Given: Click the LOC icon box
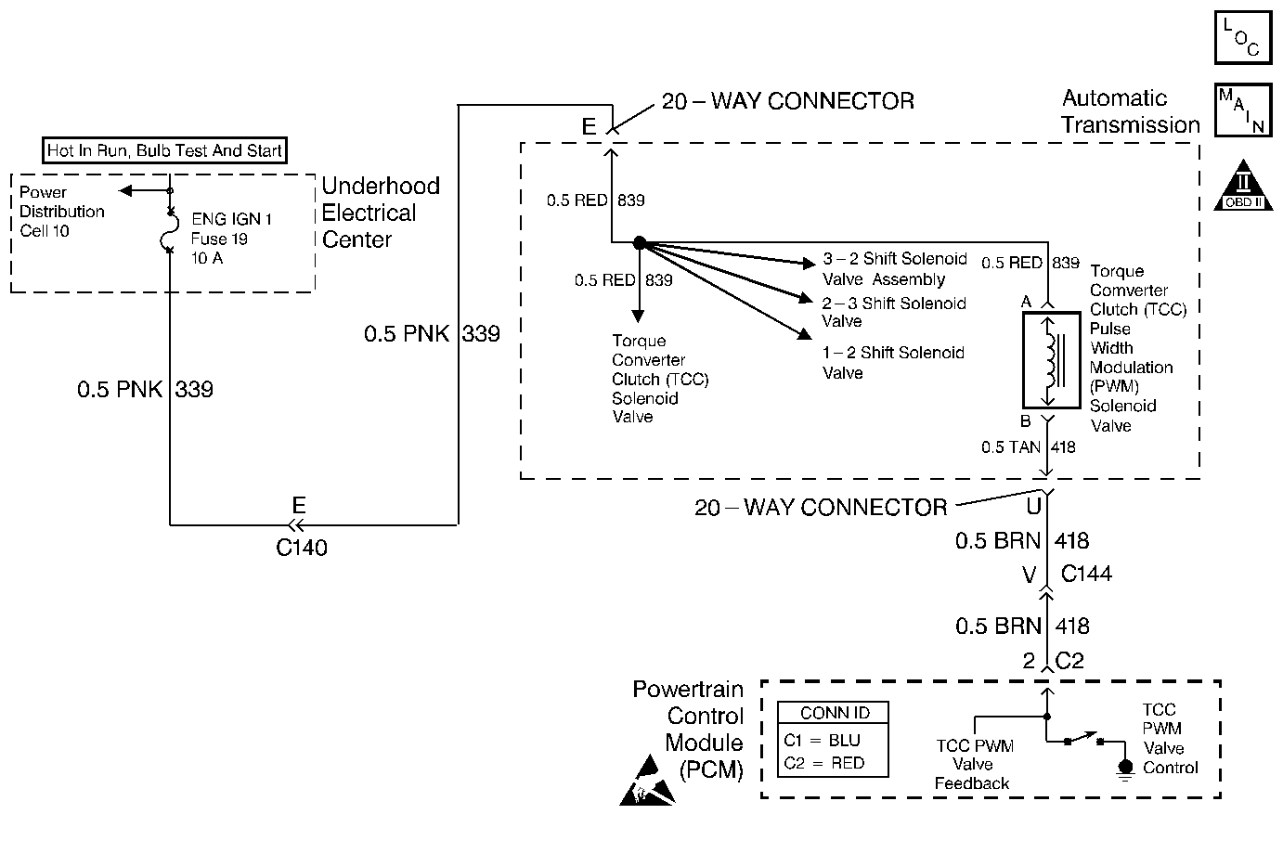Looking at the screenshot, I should (x=1243, y=37).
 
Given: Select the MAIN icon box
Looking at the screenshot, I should (x=1243, y=110).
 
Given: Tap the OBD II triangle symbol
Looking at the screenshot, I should (x=1242, y=187).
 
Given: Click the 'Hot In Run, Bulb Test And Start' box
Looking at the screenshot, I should (x=165, y=150).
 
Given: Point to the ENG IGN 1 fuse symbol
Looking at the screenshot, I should (x=169, y=231).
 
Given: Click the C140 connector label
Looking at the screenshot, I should (x=302, y=548).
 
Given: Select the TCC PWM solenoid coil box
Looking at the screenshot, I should (x=1047, y=360).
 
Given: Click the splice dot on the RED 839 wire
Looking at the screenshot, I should (x=639, y=243).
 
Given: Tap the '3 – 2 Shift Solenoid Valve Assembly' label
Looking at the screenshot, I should (x=895, y=269).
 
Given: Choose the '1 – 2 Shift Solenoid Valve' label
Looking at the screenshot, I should (x=893, y=363).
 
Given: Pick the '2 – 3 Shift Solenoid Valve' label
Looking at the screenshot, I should (x=894, y=312).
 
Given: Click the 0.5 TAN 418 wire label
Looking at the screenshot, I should (x=1028, y=447).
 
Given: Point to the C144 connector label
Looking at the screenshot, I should (x=1086, y=574).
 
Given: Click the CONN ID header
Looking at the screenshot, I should (x=835, y=713).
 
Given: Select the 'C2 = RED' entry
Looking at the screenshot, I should (x=823, y=763).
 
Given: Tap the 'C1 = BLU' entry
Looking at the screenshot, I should (x=822, y=741).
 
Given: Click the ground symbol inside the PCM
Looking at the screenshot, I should (x=1126, y=769).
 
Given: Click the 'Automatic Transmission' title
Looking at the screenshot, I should (x=1130, y=111).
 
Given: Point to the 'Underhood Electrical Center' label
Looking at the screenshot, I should (x=381, y=213).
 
